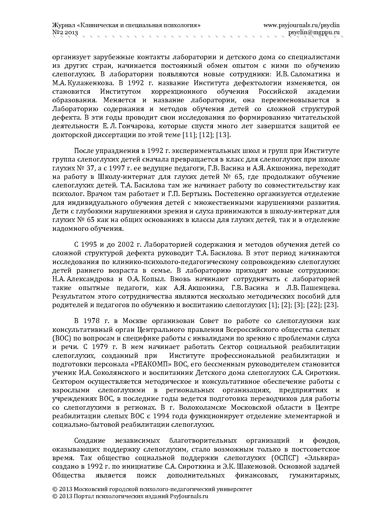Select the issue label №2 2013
(65, 33)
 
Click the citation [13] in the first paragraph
(224, 135)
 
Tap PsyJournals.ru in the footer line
(189, 496)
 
